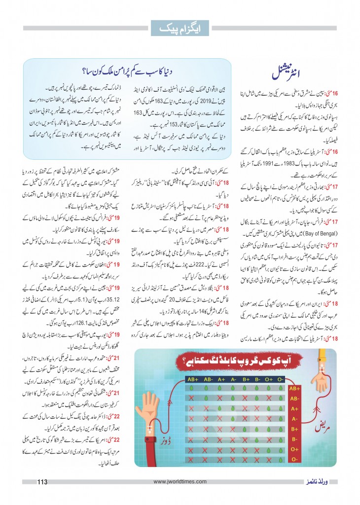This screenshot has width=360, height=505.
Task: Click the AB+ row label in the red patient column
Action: [x=294, y=388]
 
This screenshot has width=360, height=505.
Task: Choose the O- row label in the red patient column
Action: [x=294, y=460]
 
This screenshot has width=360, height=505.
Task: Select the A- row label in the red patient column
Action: [x=294, y=419]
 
